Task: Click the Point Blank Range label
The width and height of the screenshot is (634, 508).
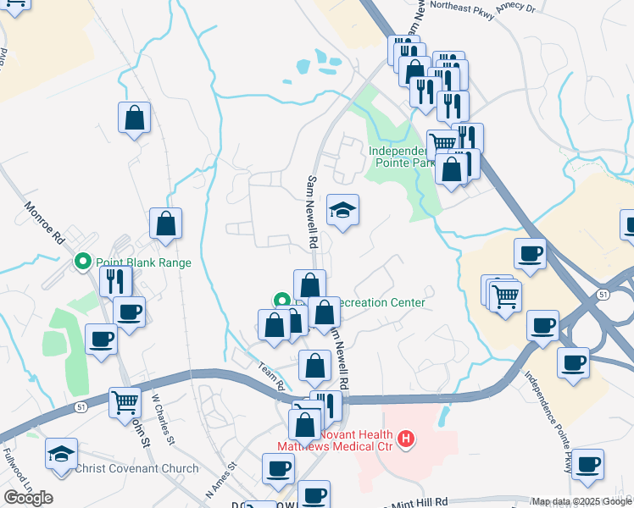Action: click(x=143, y=262)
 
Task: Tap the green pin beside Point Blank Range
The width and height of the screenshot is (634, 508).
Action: click(x=83, y=262)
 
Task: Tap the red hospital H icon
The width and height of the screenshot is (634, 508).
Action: click(x=407, y=439)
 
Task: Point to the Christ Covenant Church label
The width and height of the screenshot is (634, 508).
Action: click(x=137, y=468)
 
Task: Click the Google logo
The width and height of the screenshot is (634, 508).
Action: click(x=28, y=498)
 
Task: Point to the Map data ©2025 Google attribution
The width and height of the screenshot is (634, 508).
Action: click(x=581, y=502)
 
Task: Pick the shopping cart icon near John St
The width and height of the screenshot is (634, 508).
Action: click(x=125, y=401)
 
